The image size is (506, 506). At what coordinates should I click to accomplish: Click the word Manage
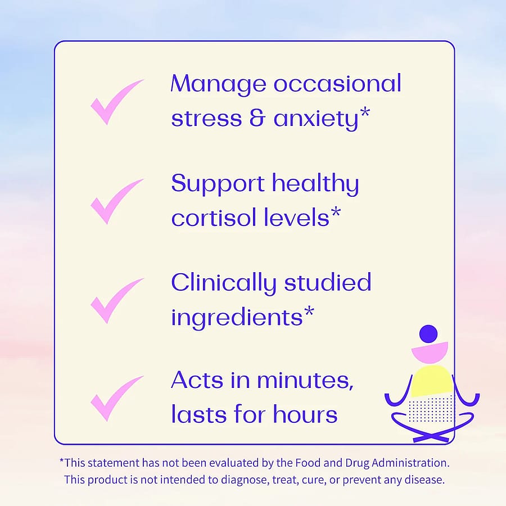click(219, 84)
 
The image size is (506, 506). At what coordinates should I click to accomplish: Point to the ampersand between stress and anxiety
click(257, 118)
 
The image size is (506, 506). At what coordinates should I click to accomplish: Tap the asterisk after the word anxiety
click(365, 113)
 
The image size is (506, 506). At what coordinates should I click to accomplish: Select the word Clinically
click(223, 283)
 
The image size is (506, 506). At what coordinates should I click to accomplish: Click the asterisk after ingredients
click(309, 311)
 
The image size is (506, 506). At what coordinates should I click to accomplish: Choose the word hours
click(305, 414)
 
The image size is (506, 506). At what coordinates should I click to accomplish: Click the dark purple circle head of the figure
click(428, 334)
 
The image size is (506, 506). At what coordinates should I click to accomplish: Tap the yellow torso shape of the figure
click(432, 381)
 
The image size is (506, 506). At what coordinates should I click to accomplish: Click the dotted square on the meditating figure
click(431, 409)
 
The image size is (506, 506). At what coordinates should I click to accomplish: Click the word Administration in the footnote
click(410, 463)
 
